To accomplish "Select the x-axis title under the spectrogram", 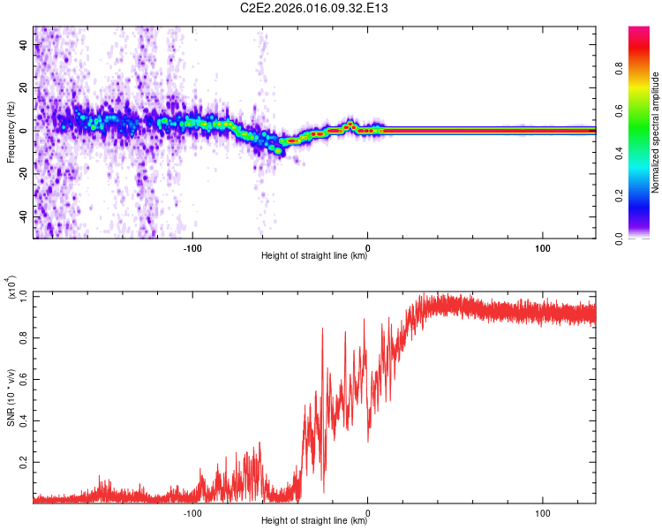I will click(x=314, y=256).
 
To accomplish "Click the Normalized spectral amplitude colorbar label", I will click(x=655, y=132).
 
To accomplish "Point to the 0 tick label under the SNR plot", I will click(x=368, y=511).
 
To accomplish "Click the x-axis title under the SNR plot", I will click(x=314, y=521).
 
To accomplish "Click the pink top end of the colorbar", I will click(x=639, y=31).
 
